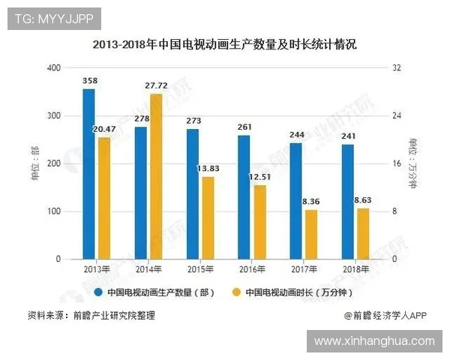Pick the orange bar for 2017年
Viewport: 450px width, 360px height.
coord(311,234)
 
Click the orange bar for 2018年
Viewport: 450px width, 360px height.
coord(363,233)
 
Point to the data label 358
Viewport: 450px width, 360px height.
coord(91,79)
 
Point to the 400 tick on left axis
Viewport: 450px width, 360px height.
coord(53,67)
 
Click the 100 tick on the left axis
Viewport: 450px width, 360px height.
coord(53,211)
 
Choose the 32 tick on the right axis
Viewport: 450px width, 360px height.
coord(397,67)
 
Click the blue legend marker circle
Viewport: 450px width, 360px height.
coord(97,292)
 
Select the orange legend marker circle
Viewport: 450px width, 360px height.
coord(235,292)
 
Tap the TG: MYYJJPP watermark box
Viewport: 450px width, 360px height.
coord(54,19)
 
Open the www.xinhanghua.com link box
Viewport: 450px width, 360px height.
coord(373,341)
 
